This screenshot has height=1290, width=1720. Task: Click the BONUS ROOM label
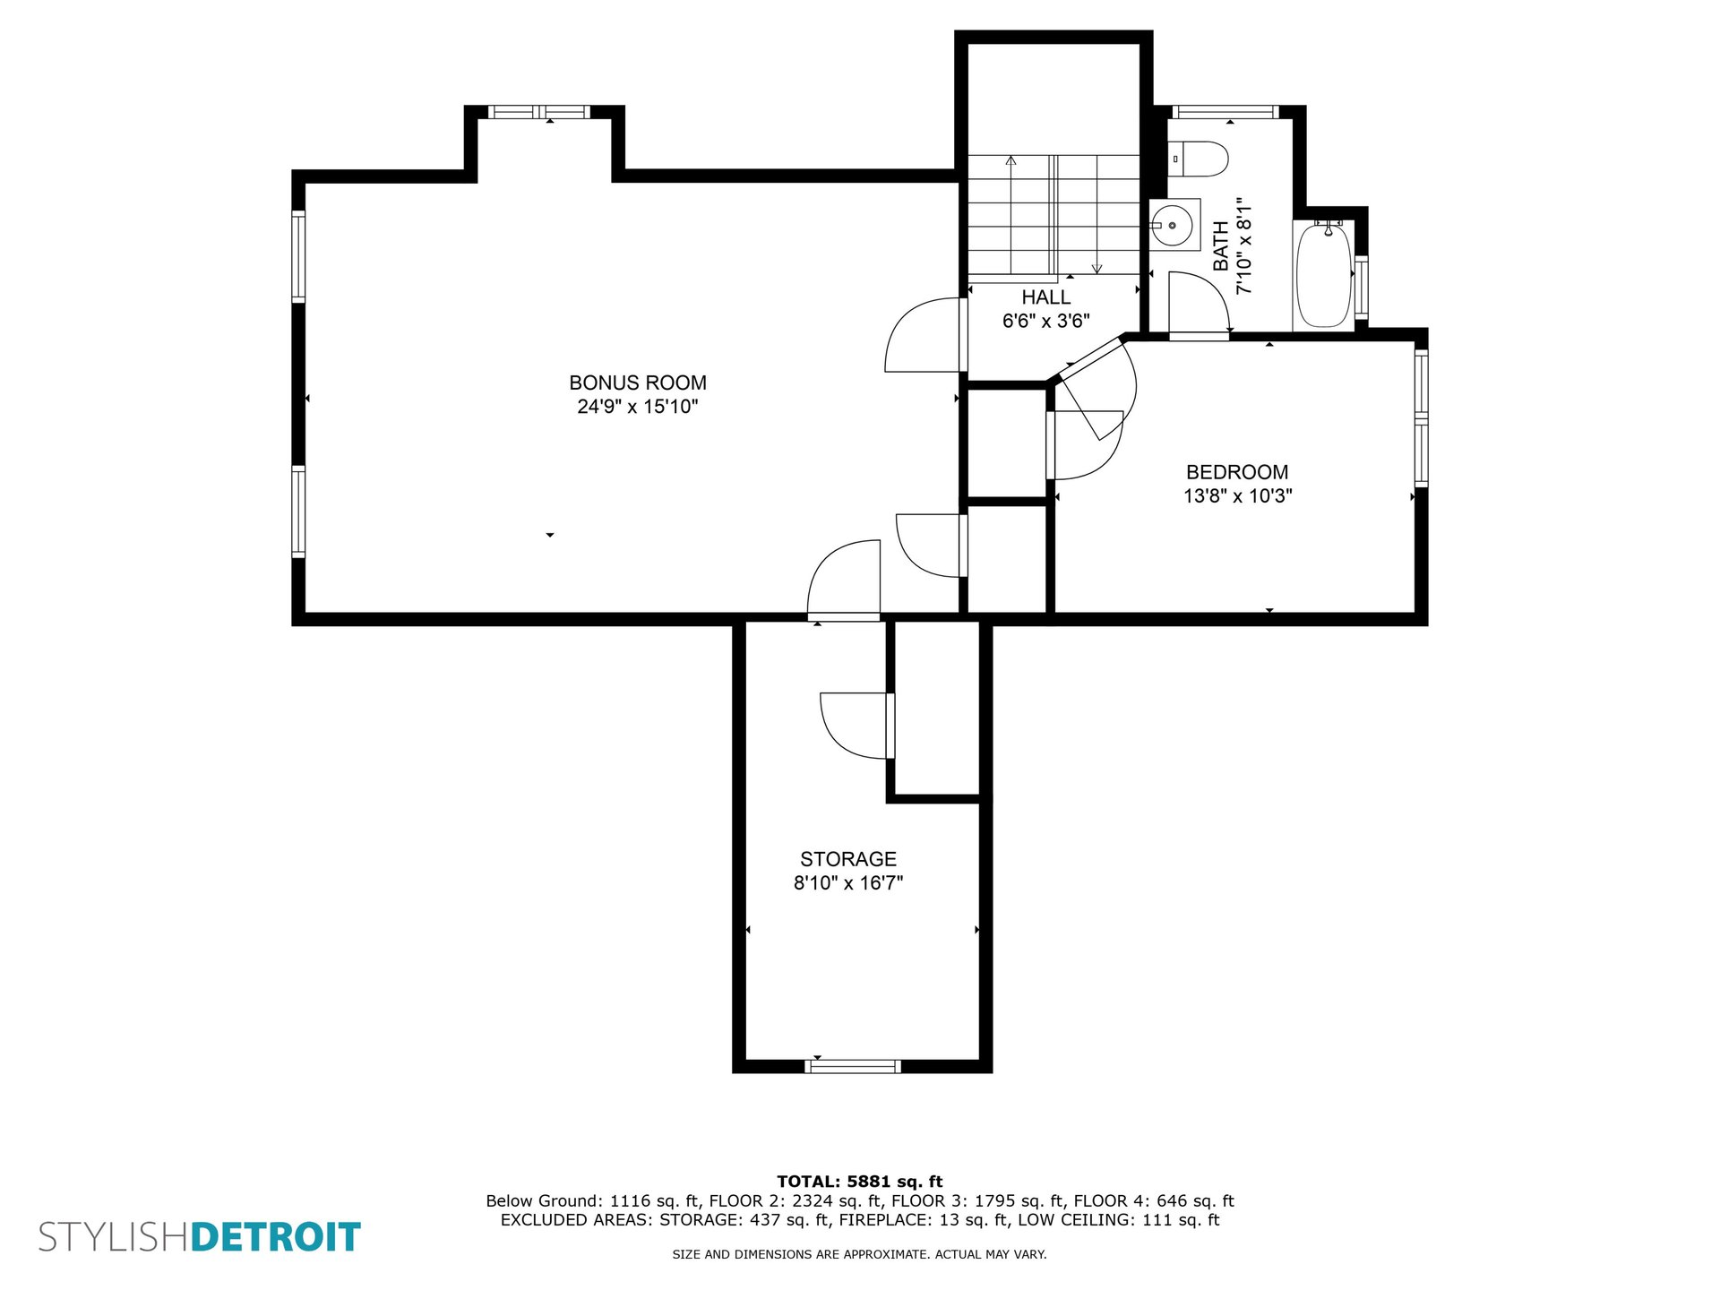[x=638, y=383]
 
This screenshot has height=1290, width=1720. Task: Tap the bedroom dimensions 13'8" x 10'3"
[x=1237, y=495]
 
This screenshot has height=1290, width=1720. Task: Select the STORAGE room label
[x=848, y=859]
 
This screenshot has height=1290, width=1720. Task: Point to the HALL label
[x=1046, y=297]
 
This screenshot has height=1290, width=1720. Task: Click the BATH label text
[x=1221, y=246]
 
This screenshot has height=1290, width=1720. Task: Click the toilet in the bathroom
[x=1198, y=159]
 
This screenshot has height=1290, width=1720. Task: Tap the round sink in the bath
[x=1172, y=225]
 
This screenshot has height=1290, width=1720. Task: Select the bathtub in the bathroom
[x=1324, y=276]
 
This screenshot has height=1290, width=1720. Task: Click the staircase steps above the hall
[x=1053, y=215]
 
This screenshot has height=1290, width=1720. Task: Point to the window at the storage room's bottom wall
[x=853, y=1066]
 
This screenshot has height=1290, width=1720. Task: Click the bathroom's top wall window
[x=1225, y=112]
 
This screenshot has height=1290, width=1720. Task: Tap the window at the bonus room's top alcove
[x=539, y=112]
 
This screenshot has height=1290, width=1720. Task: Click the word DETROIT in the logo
[x=276, y=1237]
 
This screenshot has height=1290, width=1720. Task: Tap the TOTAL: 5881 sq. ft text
[x=860, y=1182]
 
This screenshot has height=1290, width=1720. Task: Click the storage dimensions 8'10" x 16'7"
[x=848, y=882]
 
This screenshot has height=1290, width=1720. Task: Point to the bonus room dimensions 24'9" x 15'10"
[x=638, y=406]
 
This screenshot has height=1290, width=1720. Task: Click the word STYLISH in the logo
[x=114, y=1237]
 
